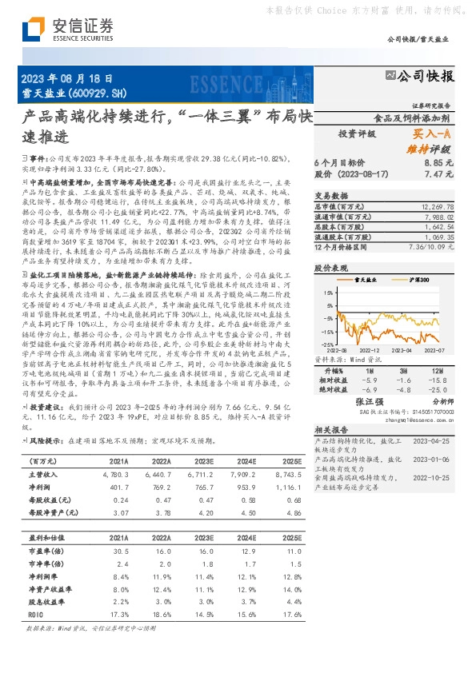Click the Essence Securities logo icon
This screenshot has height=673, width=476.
point(33,30)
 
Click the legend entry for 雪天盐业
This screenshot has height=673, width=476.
point(369,279)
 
